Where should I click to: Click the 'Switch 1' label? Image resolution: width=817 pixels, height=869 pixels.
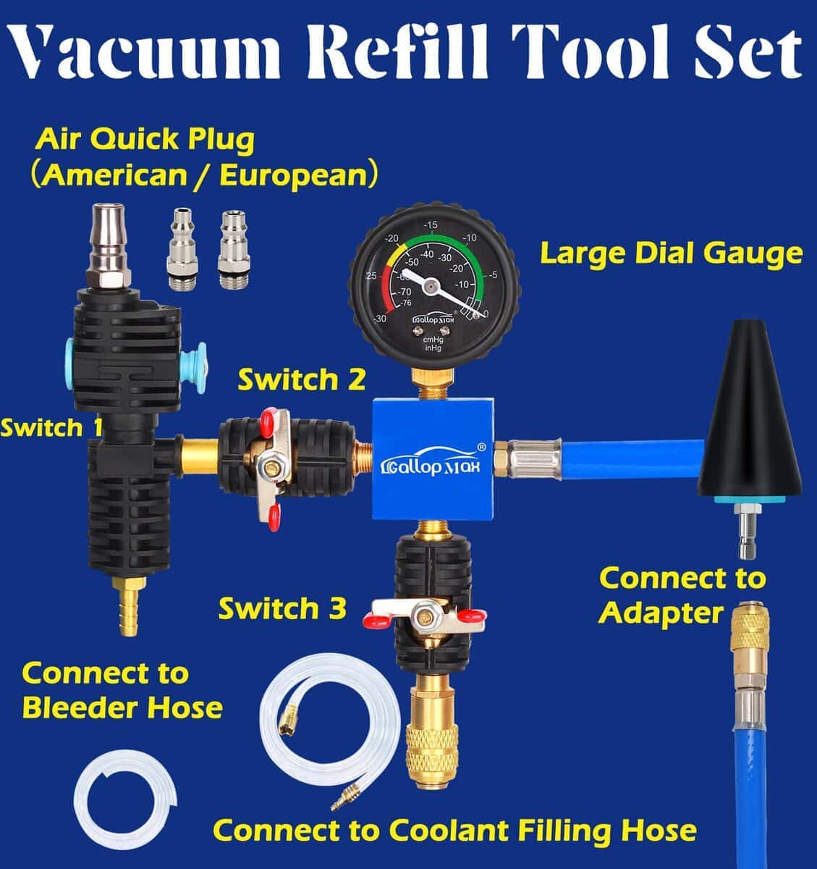pos(51,427)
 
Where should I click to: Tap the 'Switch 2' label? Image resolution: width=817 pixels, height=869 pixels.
pos(301,379)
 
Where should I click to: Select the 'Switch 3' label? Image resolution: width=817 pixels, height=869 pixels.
pos(282,608)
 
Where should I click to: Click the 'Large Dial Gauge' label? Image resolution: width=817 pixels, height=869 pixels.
pos(672,254)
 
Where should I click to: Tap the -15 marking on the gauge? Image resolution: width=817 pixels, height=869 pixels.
pos(431,225)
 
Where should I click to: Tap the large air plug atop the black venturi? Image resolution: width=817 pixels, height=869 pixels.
pos(108,244)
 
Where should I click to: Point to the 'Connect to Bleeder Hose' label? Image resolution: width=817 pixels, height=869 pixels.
pos(122,690)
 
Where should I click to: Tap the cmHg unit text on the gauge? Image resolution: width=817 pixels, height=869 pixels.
pos(433,340)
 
